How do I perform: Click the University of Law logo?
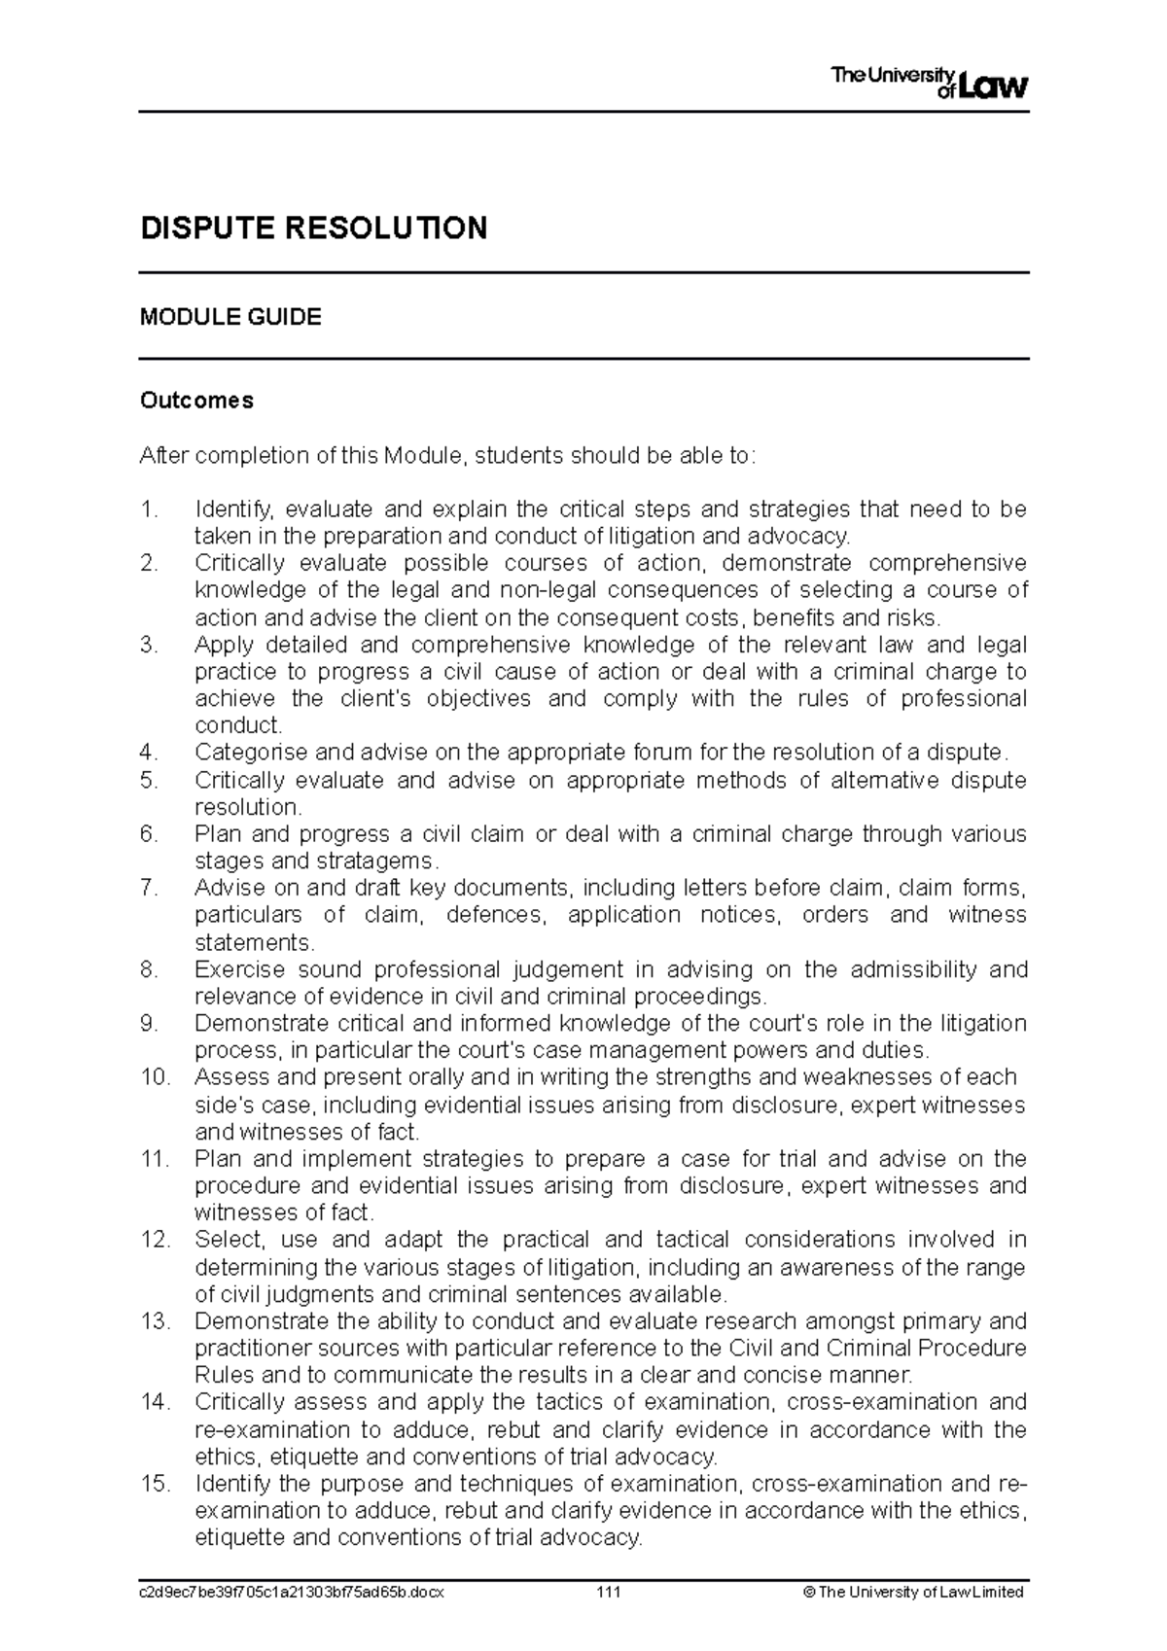928,83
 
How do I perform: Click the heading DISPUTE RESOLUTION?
313,228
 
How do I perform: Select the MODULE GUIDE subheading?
230,317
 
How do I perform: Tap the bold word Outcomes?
196,401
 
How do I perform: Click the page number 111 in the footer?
609,1593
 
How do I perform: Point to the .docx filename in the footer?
292,1593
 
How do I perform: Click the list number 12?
155,1240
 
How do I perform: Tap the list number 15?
155,1484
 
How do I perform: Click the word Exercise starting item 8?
239,969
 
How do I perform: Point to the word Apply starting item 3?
222,645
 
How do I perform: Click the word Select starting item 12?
228,1240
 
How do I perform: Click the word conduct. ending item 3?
238,725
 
